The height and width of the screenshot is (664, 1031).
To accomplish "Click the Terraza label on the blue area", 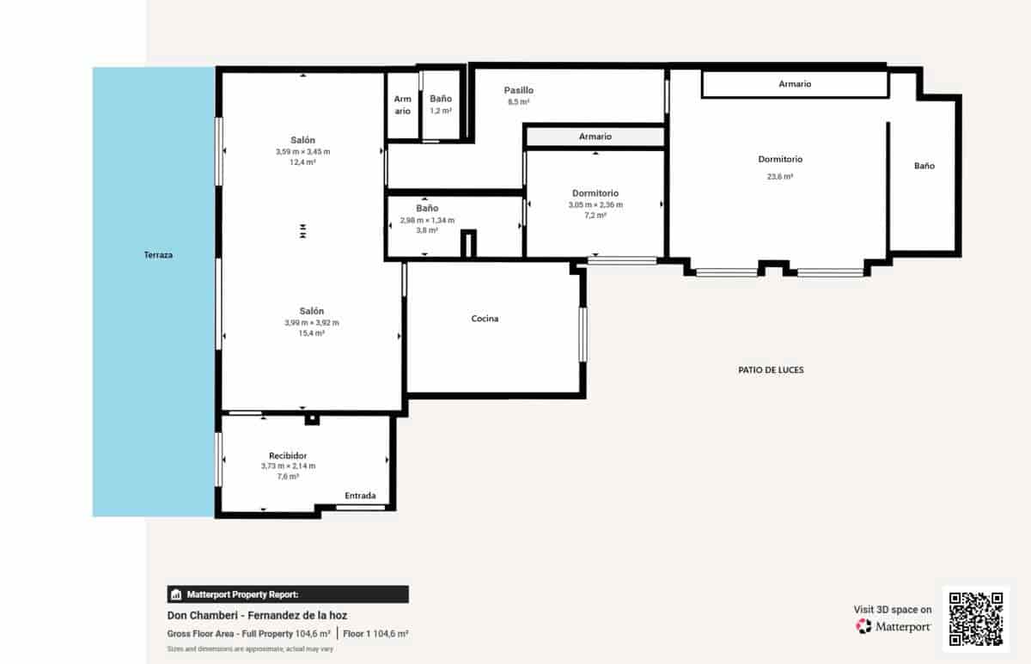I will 159,255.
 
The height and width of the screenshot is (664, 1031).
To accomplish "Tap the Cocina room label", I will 485,319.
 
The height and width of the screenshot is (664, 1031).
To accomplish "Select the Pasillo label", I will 519,90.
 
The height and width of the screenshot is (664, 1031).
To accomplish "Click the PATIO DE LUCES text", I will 771,370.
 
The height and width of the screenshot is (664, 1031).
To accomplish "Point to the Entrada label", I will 360,496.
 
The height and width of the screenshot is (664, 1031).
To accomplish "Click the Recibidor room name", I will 288,455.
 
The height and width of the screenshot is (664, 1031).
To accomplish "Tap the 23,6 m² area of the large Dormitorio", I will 779,177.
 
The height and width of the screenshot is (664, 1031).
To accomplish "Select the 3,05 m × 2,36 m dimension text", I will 595,205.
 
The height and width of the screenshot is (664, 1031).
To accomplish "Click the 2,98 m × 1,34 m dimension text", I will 427,220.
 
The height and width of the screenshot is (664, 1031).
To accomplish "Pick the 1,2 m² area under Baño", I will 441,111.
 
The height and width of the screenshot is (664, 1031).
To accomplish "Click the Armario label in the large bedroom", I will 795,84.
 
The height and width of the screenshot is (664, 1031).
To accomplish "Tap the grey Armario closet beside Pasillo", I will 595,137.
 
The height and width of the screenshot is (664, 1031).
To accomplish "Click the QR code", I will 976,617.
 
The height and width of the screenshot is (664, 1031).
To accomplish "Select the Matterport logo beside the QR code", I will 894,626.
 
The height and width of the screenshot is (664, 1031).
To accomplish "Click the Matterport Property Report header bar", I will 288,594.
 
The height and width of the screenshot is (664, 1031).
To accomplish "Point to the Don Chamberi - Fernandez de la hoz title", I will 257,615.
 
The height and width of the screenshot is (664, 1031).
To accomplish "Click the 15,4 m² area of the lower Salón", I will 311,333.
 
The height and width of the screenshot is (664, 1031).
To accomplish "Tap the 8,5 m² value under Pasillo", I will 518,102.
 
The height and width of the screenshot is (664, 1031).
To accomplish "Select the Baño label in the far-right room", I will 924,166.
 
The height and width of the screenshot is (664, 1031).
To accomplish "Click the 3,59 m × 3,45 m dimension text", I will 302,151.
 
